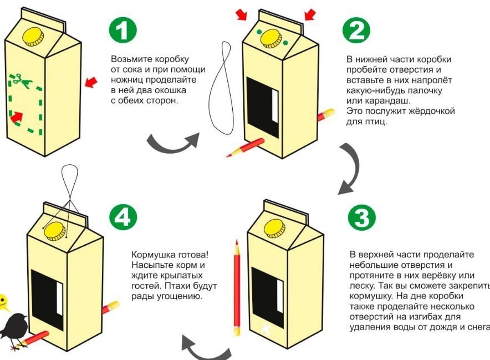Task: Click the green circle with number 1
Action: coord(121,31)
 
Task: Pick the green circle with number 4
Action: coord(122,217)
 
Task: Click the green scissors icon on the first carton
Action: coord(21,80)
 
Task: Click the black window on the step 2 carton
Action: coord(262,105)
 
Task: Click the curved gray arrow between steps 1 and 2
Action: coord(173,145)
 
